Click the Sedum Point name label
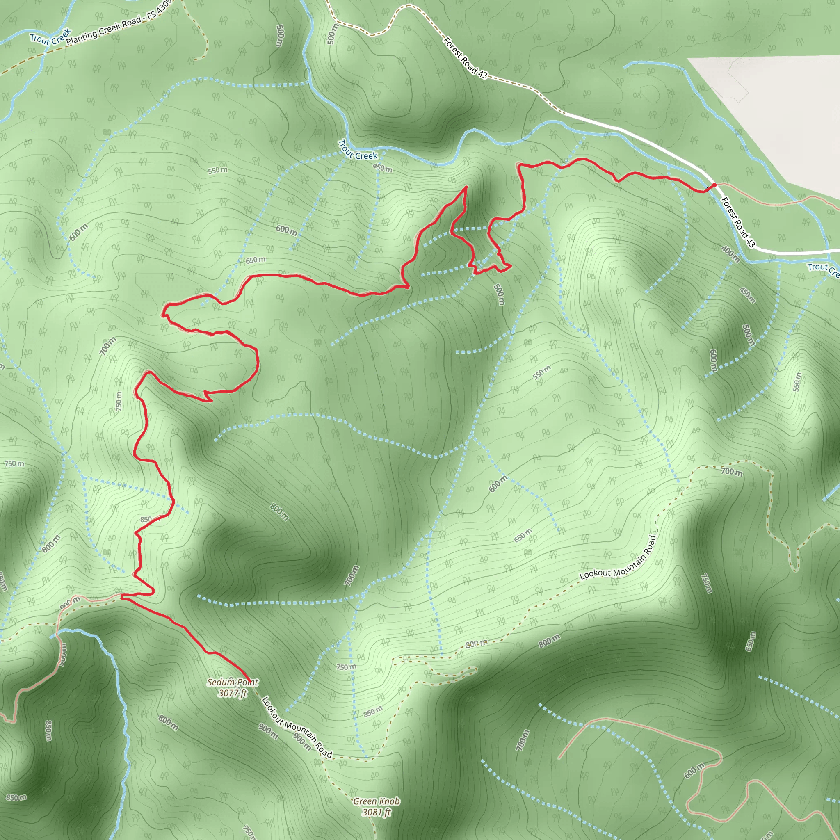233,682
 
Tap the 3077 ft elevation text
233,693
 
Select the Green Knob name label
376,801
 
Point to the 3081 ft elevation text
376,812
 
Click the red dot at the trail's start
714,186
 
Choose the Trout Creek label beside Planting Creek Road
50,37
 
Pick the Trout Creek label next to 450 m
357,151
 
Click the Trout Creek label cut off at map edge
823,269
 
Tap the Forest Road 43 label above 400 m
737,222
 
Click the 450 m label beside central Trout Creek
383,168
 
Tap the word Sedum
220,682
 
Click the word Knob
389,801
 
